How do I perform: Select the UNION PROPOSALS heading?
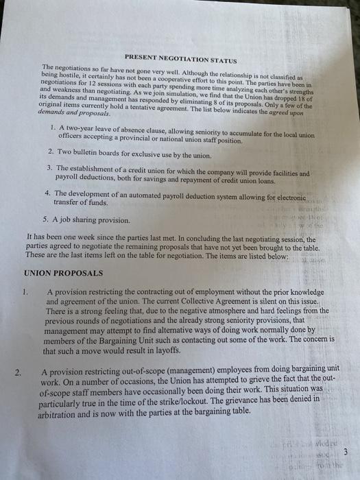(x=63, y=272)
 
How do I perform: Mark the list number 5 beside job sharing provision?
(x=45, y=220)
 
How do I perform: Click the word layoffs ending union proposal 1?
(x=181, y=351)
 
